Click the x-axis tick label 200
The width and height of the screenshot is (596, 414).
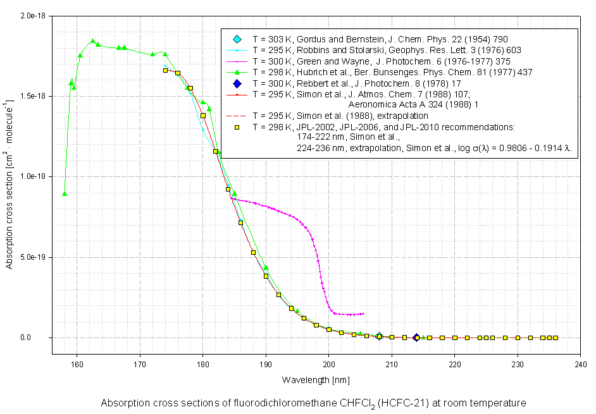point(329,364)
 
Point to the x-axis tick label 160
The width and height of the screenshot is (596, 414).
point(77,364)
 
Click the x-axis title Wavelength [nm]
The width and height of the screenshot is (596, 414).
point(316,380)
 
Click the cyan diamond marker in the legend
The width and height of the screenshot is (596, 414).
point(237,39)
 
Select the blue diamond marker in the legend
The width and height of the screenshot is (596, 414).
point(237,83)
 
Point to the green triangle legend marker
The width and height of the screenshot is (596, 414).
point(237,72)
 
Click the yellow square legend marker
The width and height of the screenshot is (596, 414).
point(237,127)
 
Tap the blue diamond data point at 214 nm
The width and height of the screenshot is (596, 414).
point(416,338)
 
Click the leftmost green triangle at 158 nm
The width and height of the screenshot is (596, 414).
point(65,193)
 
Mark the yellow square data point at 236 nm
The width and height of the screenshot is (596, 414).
point(556,338)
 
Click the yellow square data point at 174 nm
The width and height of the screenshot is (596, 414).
point(165,70)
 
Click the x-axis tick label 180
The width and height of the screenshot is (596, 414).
point(202,364)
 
